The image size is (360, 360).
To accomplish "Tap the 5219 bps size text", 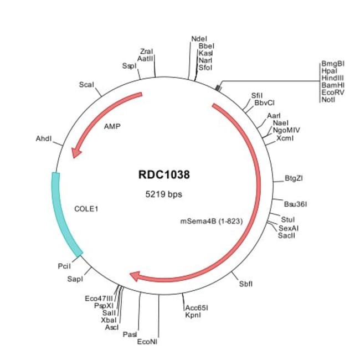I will (163, 194).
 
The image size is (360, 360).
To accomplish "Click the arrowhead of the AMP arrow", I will (76, 150).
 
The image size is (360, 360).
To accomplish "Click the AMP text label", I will (112, 126).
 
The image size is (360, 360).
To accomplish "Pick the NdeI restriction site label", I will (199, 39).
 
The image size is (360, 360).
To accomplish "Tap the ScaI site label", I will (86, 85).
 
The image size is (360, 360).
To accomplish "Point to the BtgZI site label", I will (293, 178).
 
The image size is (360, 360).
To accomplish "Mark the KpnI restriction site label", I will (193, 315).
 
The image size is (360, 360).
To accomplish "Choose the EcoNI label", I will (147, 341).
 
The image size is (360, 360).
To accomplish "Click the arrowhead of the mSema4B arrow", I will (135, 275).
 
